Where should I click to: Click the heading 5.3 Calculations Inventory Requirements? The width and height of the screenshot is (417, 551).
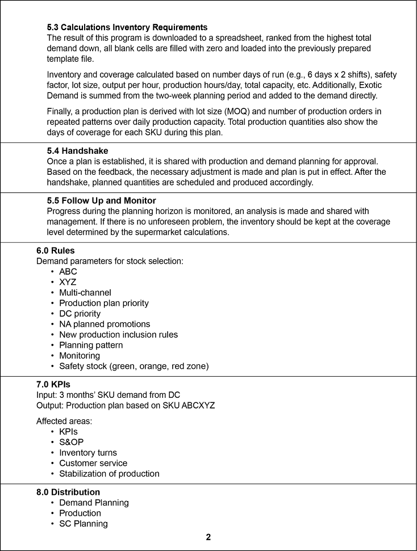pos(127,27)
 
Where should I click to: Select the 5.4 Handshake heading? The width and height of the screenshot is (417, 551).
pos(77,152)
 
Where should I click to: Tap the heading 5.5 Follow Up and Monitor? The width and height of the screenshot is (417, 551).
pos(101,200)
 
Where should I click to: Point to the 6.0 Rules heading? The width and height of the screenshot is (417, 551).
pos(55,250)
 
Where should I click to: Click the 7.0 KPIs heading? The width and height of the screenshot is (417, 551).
pos(53,384)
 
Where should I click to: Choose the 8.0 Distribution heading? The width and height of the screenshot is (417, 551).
pos(68,492)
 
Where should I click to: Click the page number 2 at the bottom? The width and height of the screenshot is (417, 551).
pos(208,537)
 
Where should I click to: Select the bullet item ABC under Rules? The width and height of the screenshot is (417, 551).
pos(68,271)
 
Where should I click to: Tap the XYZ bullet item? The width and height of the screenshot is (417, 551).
pos(68,282)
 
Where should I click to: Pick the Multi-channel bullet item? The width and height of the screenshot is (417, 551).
pos(85,293)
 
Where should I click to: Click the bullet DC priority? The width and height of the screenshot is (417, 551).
pos(80,314)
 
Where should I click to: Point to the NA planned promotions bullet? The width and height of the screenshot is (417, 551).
pos(105,324)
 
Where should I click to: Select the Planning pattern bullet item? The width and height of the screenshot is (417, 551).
pos(91,345)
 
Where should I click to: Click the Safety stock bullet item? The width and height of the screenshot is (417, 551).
pos(134,366)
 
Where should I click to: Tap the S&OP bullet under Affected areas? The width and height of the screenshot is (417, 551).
pos(72,442)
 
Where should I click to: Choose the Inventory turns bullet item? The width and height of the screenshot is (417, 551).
pos(88,453)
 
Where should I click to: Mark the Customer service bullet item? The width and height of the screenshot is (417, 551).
pos(93,463)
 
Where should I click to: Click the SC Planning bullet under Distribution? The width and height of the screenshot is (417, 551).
pos(84,524)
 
